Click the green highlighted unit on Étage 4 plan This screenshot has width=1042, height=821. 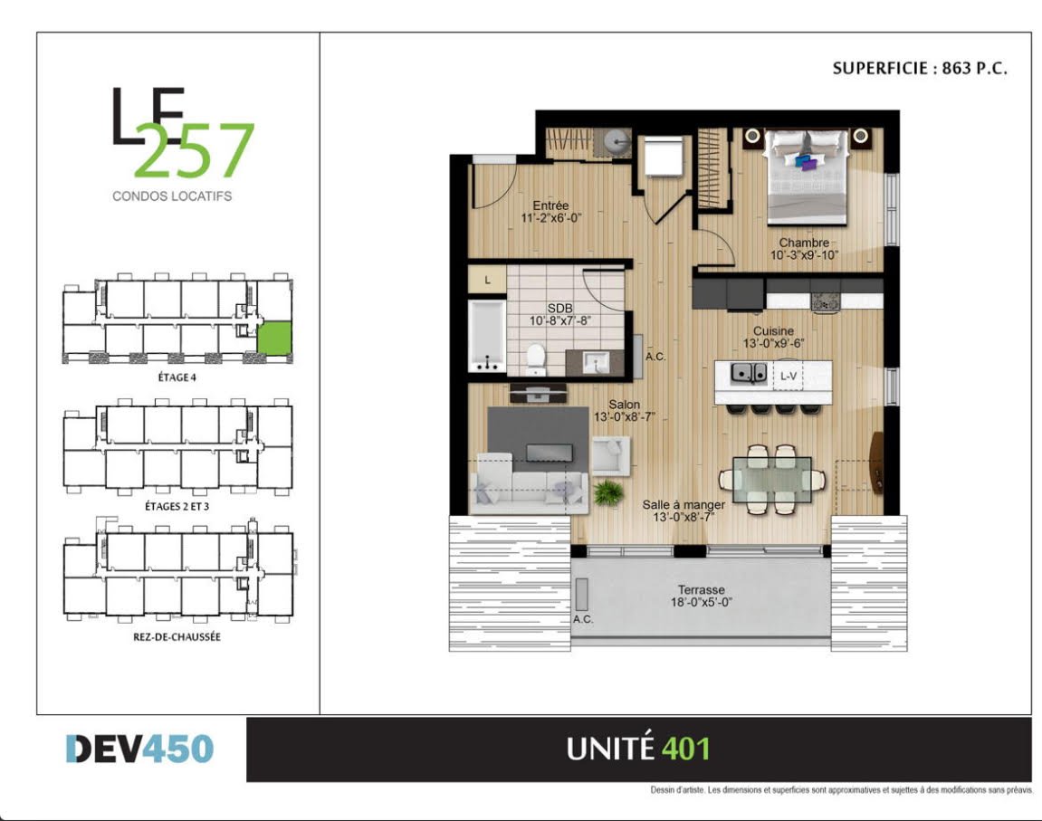274,339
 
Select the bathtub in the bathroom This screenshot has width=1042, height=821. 486,336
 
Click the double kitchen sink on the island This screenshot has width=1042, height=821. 749,373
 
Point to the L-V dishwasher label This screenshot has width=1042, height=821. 789,376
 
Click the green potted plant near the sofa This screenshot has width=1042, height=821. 608,492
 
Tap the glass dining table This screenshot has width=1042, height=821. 771,479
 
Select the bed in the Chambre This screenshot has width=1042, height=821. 807,176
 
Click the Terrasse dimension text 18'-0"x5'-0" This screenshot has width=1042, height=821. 701,603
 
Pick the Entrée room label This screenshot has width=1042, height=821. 550,205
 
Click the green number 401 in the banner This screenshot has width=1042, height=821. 686,749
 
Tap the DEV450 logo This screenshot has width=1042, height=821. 139,749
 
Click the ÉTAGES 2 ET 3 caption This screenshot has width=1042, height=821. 177,506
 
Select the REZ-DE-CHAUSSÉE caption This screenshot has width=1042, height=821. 177,636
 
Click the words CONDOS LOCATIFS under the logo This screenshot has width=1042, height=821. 172,196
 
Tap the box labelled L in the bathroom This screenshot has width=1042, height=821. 487,280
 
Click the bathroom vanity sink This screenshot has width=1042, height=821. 596,363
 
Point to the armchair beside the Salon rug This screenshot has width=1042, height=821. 611,455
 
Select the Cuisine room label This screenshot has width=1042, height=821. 773,330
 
